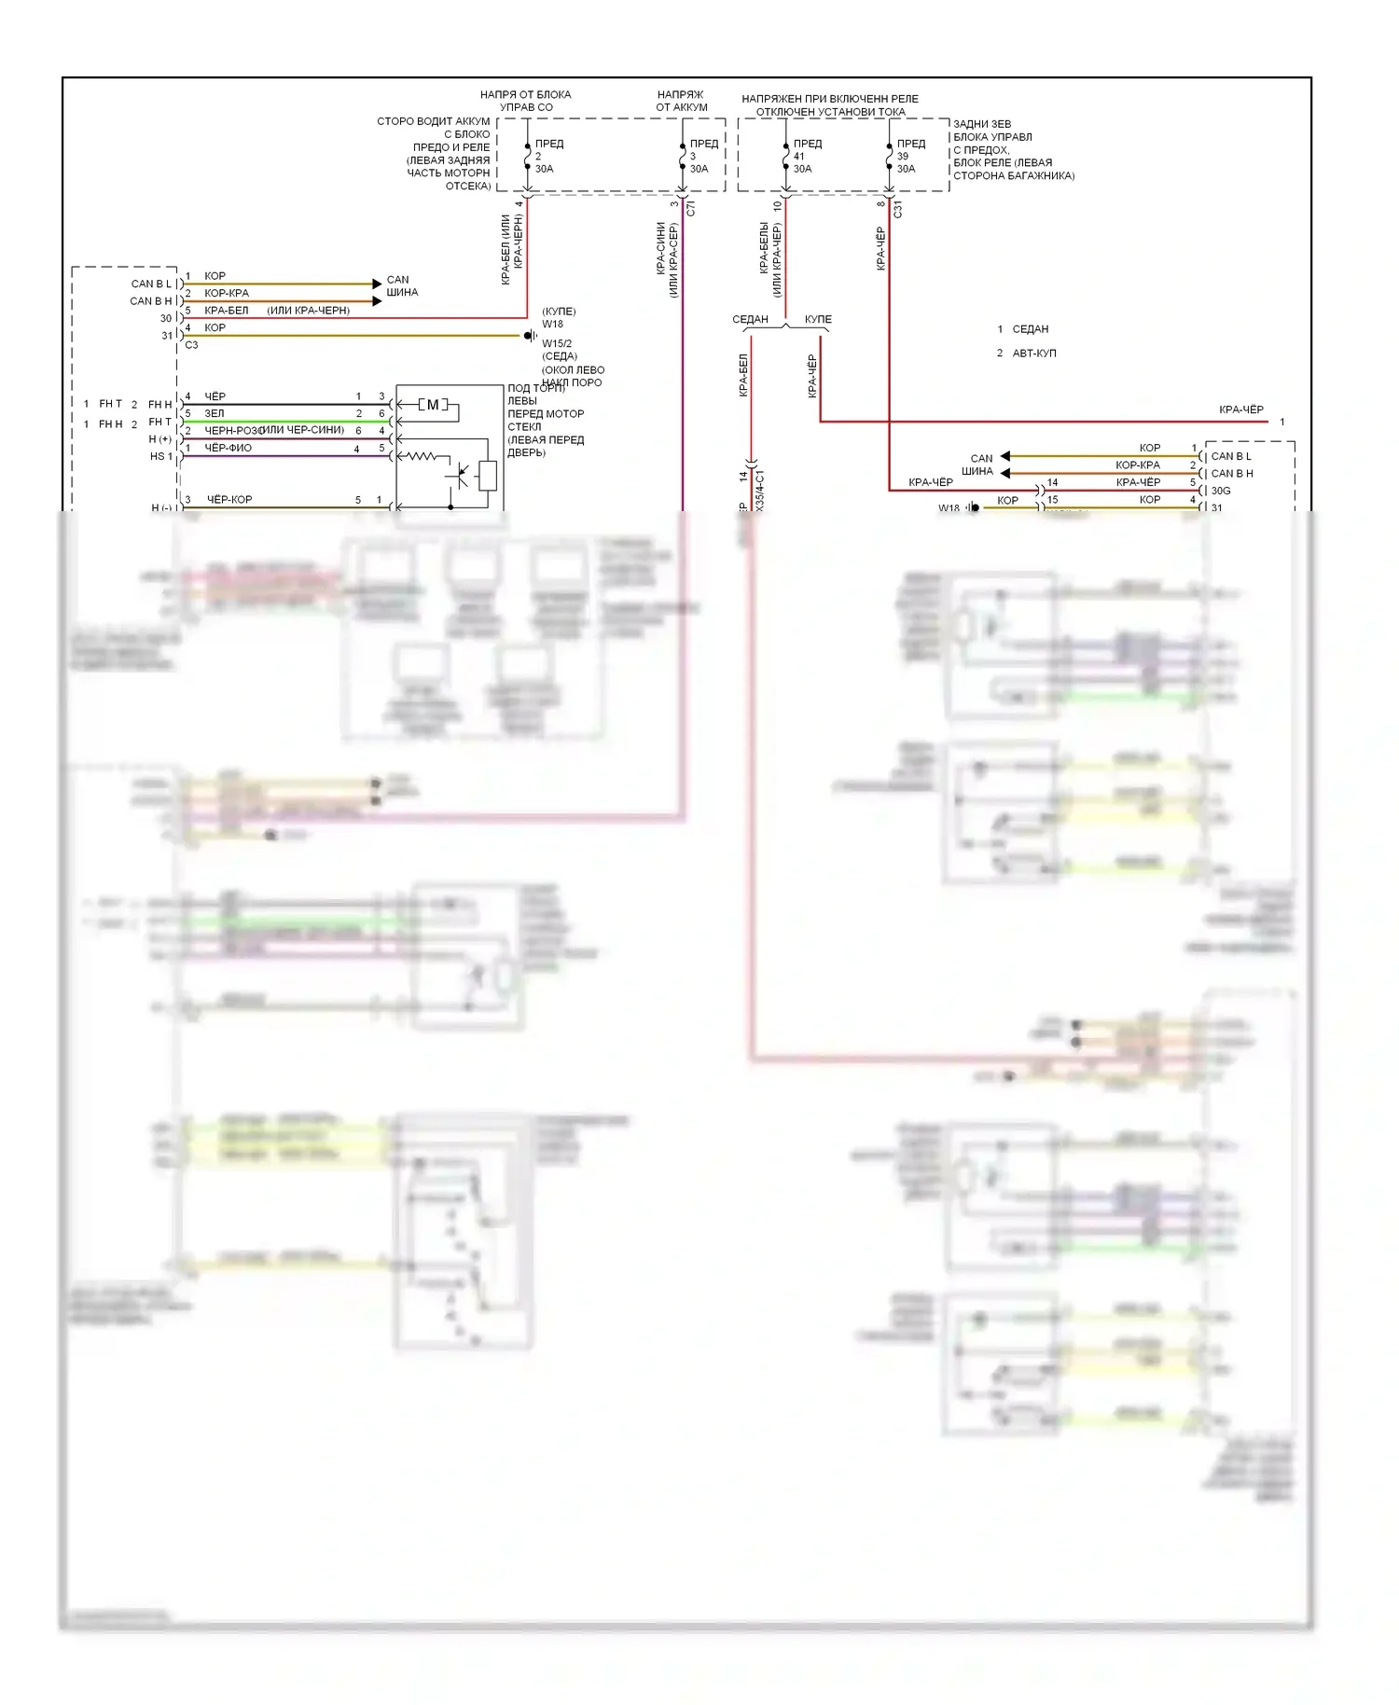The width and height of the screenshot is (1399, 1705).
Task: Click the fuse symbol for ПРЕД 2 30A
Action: [527, 157]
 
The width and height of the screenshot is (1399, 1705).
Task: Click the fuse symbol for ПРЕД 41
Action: [785, 157]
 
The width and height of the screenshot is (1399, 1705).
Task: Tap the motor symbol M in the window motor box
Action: [433, 405]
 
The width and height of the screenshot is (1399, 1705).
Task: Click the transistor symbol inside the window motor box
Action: [459, 475]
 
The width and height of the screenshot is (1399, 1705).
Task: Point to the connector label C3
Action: [191, 345]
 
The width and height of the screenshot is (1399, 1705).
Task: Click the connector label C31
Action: [898, 209]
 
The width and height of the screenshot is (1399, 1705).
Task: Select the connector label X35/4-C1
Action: [760, 490]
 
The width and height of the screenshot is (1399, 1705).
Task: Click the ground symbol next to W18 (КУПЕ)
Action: [530, 336]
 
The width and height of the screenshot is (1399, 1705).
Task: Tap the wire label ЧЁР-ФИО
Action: [229, 448]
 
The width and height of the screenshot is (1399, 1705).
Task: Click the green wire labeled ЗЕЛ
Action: [280, 422]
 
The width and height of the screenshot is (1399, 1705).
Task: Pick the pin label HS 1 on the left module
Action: [161, 456]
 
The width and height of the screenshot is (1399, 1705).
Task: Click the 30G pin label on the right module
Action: [1221, 491]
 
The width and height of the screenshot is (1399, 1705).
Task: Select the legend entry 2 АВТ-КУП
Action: [1027, 353]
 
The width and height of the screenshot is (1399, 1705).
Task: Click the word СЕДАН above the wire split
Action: [750, 319]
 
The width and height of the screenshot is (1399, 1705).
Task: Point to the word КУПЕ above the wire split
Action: [818, 319]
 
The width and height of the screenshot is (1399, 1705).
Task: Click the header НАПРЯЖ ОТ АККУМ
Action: [681, 101]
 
